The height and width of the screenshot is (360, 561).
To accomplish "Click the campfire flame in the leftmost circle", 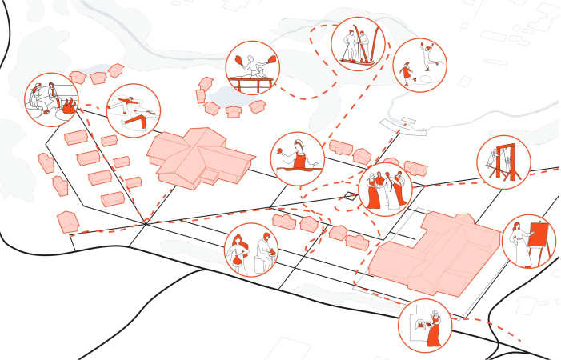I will click(69, 104).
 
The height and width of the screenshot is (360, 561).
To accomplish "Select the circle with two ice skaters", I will click(419, 65).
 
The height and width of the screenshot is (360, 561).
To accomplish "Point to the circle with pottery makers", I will click(253, 250).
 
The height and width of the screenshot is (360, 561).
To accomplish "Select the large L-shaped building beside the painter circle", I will click(432, 254).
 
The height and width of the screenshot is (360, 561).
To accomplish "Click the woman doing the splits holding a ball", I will click(298, 161).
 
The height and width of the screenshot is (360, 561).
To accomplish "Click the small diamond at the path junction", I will click(349, 195).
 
